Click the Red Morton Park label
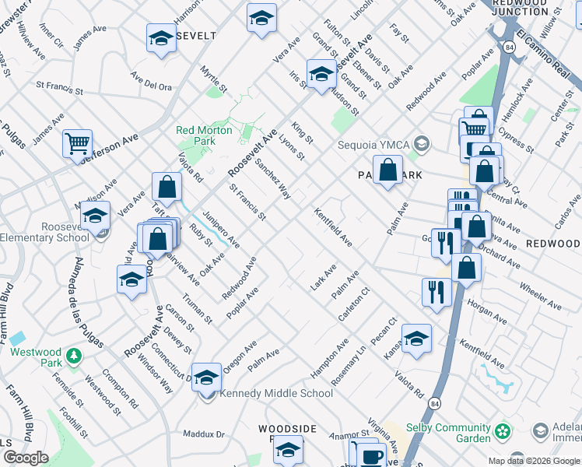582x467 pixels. tap(204, 135)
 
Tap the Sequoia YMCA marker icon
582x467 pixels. tap(422, 143)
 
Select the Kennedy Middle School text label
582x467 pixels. tap(265, 393)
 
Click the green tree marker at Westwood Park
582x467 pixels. tap(73, 356)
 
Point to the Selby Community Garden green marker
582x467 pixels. tap(503, 430)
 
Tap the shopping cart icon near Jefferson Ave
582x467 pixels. tap(77, 143)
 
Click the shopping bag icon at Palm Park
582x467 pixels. tap(387, 169)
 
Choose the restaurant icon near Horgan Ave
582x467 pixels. tap(436, 292)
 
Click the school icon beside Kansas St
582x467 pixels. tap(416, 339)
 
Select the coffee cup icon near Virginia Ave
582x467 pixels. tap(372, 455)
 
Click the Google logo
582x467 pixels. tap(25, 458)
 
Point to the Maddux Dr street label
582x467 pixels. tap(203, 434)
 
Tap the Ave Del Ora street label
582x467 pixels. tap(151, 82)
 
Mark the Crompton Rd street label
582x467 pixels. tap(124, 394)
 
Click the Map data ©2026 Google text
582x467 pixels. tap(534, 461)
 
